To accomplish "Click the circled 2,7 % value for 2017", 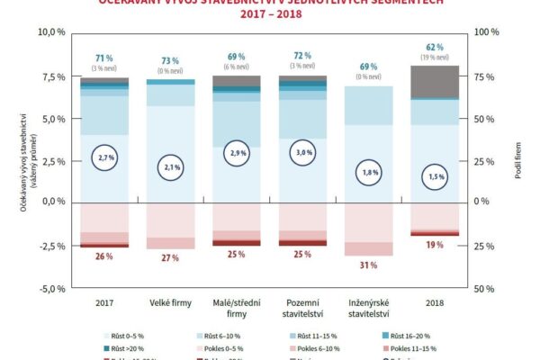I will coord(104,157).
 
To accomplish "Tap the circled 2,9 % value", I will coord(236,155).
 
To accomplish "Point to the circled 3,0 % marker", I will coord(301,153).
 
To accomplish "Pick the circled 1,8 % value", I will coord(367,171).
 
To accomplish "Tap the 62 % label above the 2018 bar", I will coord(434,46).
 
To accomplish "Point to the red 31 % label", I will coord(367,265).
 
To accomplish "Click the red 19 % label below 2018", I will coord(434,244).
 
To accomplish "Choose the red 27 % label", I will coord(170,257).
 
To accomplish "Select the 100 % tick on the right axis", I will coord(485,31).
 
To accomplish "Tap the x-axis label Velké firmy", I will coord(170,303).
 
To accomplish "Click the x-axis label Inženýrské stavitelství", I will coord(367,309).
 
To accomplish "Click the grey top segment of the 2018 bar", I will coord(434,82).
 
